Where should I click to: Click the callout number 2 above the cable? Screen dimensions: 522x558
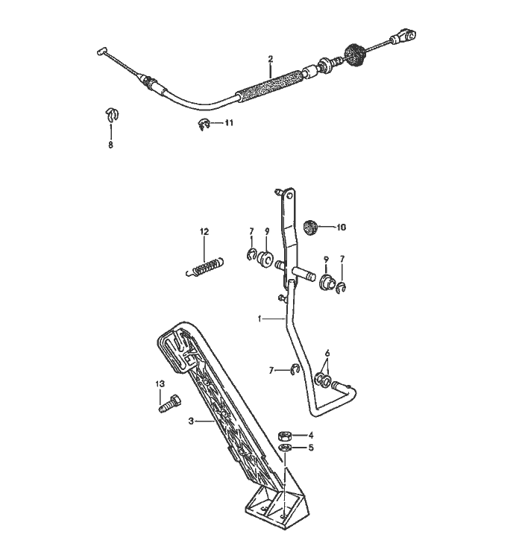coord(270,58)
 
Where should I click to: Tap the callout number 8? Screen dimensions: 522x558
coord(110,145)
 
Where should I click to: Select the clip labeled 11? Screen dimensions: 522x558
coord(204,125)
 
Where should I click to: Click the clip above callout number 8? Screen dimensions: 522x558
coord(112,114)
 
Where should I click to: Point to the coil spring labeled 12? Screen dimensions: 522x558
coord(205,266)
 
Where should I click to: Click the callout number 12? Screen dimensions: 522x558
coord(204,232)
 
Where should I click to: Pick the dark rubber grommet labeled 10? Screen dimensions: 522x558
coord(310,228)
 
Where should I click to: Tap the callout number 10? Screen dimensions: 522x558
coord(341,227)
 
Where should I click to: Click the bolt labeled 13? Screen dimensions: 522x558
coord(169,404)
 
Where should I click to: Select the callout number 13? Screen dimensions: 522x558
coord(160,383)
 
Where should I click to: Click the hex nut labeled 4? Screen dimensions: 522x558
coord(285,435)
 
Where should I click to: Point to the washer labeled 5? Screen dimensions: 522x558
coord(285,447)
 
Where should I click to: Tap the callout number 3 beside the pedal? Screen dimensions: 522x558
coord(191,421)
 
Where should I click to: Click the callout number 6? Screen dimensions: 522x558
coord(327,354)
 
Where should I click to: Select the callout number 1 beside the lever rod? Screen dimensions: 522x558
coord(260,319)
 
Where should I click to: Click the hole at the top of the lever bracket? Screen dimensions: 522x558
coord(289,195)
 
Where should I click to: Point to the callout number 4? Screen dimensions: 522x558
coord(311,435)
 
